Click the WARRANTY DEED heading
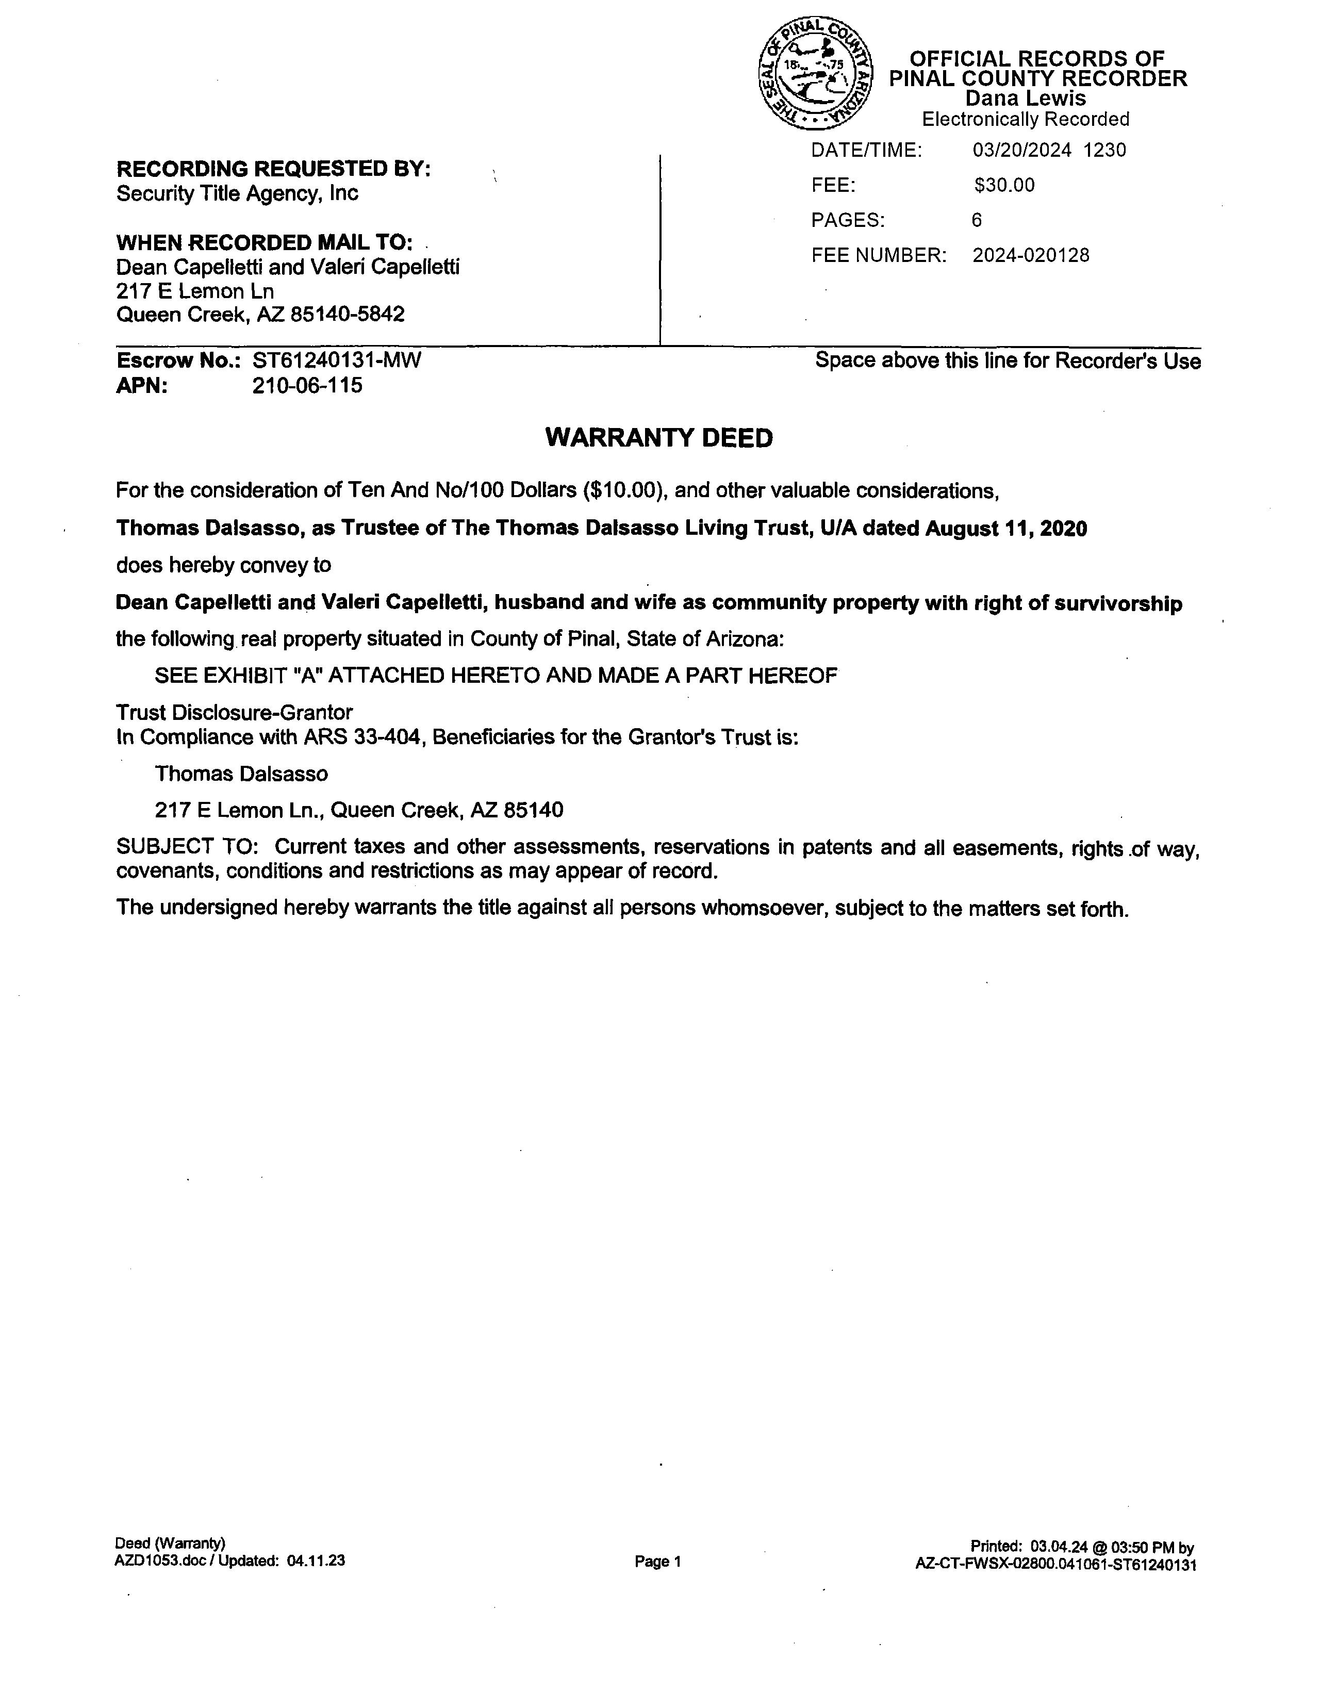[658, 438]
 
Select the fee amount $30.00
[1004, 185]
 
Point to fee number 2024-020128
[1031, 256]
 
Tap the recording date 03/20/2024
[1021, 150]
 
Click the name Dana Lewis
[1025, 98]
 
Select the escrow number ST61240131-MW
[336, 360]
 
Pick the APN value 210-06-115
[307, 386]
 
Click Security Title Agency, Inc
[237, 193]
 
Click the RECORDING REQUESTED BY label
[273, 169]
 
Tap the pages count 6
[977, 221]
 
